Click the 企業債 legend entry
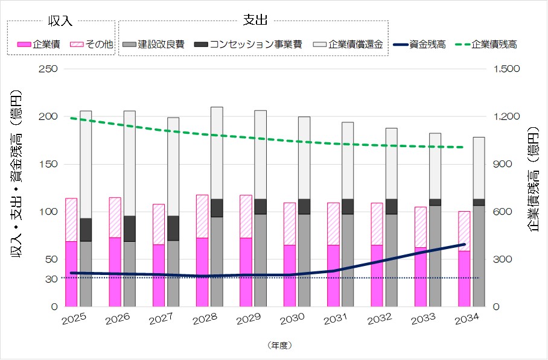tap(39, 45)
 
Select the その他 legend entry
tap(91, 45)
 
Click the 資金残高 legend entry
tap(419, 45)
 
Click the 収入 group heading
tap(60, 21)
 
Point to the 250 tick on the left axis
tap(50, 69)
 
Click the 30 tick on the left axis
tap(51, 278)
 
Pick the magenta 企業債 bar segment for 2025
tap(71, 274)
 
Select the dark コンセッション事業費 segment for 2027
tap(173, 228)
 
